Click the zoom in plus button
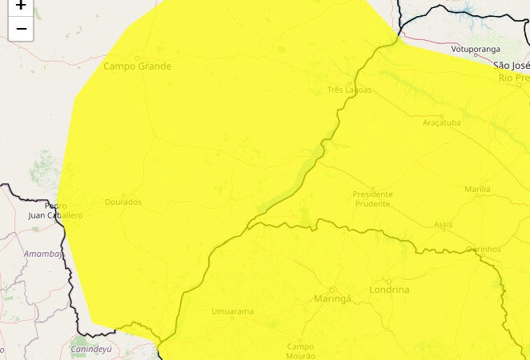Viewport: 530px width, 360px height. point(21,6)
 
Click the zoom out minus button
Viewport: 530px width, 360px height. point(21,29)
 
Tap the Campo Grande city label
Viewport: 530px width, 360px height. point(137,66)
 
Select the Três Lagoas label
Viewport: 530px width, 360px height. point(350,90)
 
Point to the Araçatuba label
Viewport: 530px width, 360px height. point(443,123)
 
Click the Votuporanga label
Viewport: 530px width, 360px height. point(470,50)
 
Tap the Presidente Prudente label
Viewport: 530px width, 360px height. point(372,198)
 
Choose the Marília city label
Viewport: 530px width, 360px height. point(477,190)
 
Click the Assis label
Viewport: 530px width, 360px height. point(443,225)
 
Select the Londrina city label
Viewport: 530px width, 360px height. point(389,290)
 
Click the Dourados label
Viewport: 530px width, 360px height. point(123,202)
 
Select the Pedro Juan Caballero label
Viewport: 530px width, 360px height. point(54,210)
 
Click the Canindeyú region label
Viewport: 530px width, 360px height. point(91,350)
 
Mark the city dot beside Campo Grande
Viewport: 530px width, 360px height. point(137,58)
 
